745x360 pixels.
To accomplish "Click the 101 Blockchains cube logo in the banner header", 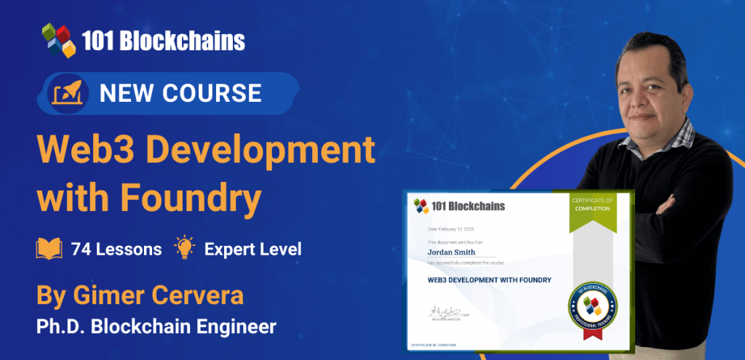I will (x=59, y=40).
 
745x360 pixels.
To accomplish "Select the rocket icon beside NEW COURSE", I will (x=70, y=93).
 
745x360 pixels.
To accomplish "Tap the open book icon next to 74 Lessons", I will (x=49, y=249).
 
